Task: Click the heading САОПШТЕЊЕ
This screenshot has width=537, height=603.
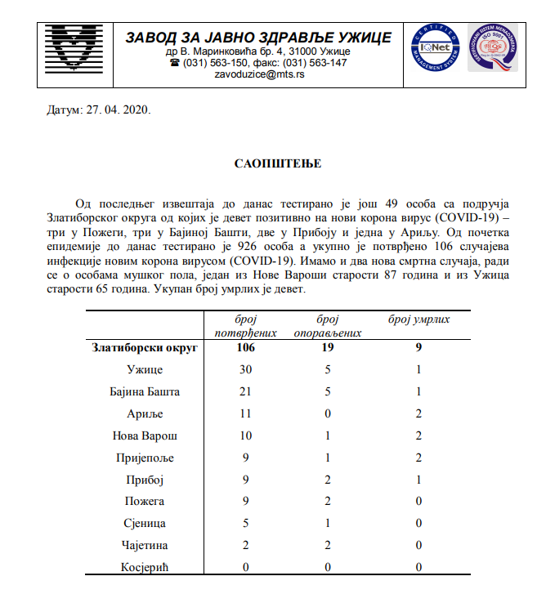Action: (x=266, y=163)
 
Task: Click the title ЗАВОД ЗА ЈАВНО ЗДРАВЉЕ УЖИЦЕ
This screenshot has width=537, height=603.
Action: (x=257, y=38)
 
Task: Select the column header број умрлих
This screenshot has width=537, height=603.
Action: (x=418, y=319)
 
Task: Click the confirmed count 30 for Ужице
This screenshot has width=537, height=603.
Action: (x=244, y=370)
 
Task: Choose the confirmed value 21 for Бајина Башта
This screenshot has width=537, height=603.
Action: (x=244, y=392)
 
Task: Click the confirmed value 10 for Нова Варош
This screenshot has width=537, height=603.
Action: (x=244, y=436)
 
